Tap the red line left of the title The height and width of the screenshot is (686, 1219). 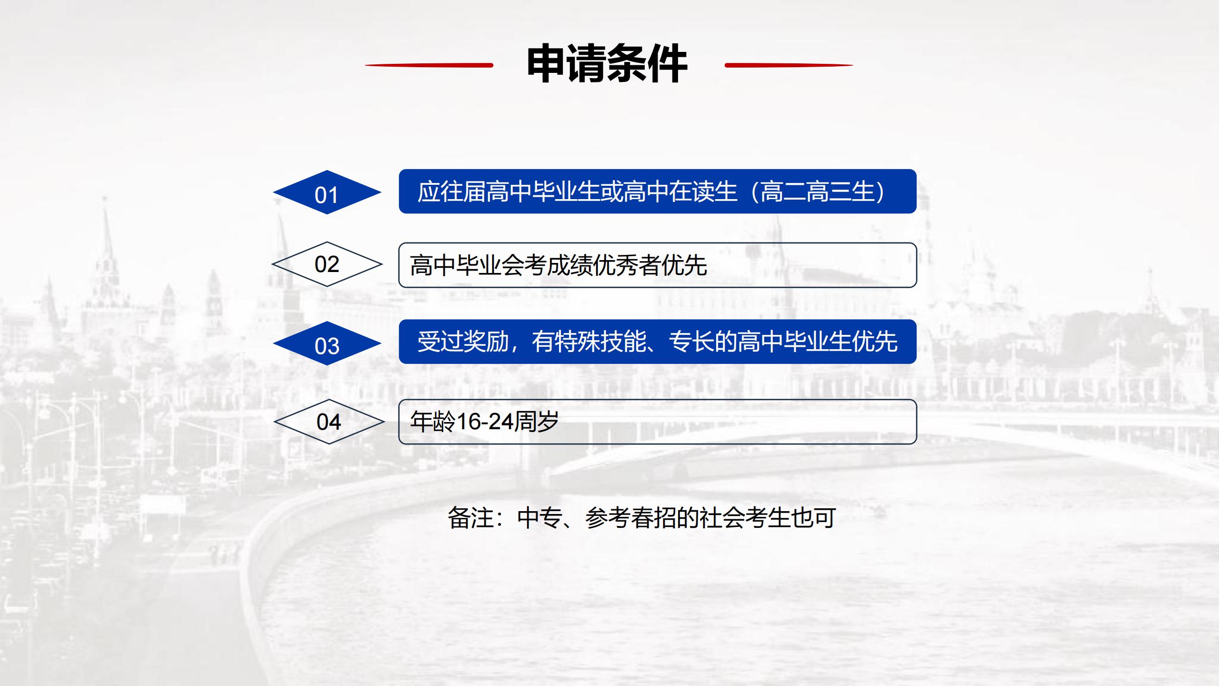coord(429,65)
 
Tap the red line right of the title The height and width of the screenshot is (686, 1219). coord(789,65)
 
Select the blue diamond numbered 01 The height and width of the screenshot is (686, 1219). coord(327,192)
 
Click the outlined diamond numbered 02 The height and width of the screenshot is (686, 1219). coord(327,264)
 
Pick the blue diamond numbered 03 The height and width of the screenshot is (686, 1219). coord(327,343)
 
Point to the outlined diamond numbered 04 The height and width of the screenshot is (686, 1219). coord(329,422)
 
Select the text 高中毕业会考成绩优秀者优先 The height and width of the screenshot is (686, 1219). coord(559,265)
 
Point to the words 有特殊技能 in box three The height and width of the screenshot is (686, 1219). coord(589,342)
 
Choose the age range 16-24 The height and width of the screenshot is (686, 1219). coord(485,422)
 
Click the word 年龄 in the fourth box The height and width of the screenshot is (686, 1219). coord(433,422)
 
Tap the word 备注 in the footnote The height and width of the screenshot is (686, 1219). coord(470,518)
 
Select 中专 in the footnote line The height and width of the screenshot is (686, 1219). coord(540,518)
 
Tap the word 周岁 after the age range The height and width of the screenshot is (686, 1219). coord(537,422)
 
